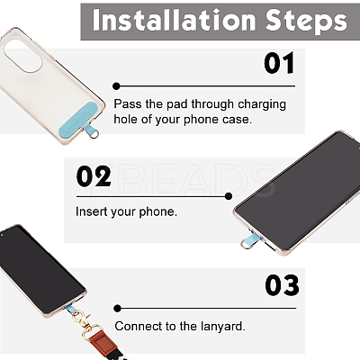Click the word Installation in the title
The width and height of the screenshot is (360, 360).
pos(174,20)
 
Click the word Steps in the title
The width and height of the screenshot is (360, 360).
pos(306,21)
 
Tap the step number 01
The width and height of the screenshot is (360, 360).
pos(279,63)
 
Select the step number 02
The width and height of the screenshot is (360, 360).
pos(94,176)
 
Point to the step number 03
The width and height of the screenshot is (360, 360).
pos(282,285)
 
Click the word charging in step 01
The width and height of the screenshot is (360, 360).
pos(262,105)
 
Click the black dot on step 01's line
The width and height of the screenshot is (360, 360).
pos(116,86)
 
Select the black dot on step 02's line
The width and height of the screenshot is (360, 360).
pos(229,196)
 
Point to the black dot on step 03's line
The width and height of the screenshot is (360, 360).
pos(117,308)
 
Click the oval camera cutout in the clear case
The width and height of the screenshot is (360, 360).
pos(22,56)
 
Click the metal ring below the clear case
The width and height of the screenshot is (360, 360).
pos(94,134)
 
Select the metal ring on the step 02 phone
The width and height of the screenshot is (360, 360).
pos(245,245)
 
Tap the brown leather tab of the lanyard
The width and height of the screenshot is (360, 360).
pos(103,340)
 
